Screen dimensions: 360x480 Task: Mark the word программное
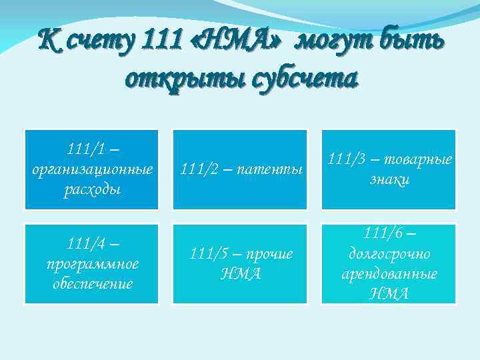pos(93,263)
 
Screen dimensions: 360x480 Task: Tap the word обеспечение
pos(93,284)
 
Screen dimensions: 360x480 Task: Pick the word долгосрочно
pos(389,253)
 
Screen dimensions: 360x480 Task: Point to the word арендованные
pos(389,273)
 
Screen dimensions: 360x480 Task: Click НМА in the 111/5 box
pos(241,274)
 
